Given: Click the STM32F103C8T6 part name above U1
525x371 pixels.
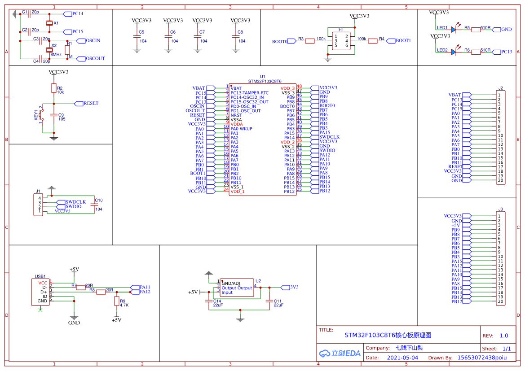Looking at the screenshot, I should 265,82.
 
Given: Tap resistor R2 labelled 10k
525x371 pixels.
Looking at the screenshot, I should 53,88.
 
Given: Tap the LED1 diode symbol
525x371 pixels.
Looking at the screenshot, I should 453,30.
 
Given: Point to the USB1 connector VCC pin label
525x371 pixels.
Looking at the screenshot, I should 43,283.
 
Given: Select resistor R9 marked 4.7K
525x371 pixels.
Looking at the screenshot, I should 116,301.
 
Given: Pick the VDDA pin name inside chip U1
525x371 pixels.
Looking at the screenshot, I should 237,124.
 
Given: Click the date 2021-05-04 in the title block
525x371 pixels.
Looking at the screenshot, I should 402,358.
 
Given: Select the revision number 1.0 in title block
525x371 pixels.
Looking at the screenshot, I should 503,336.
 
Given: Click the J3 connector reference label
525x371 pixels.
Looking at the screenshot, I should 500,210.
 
